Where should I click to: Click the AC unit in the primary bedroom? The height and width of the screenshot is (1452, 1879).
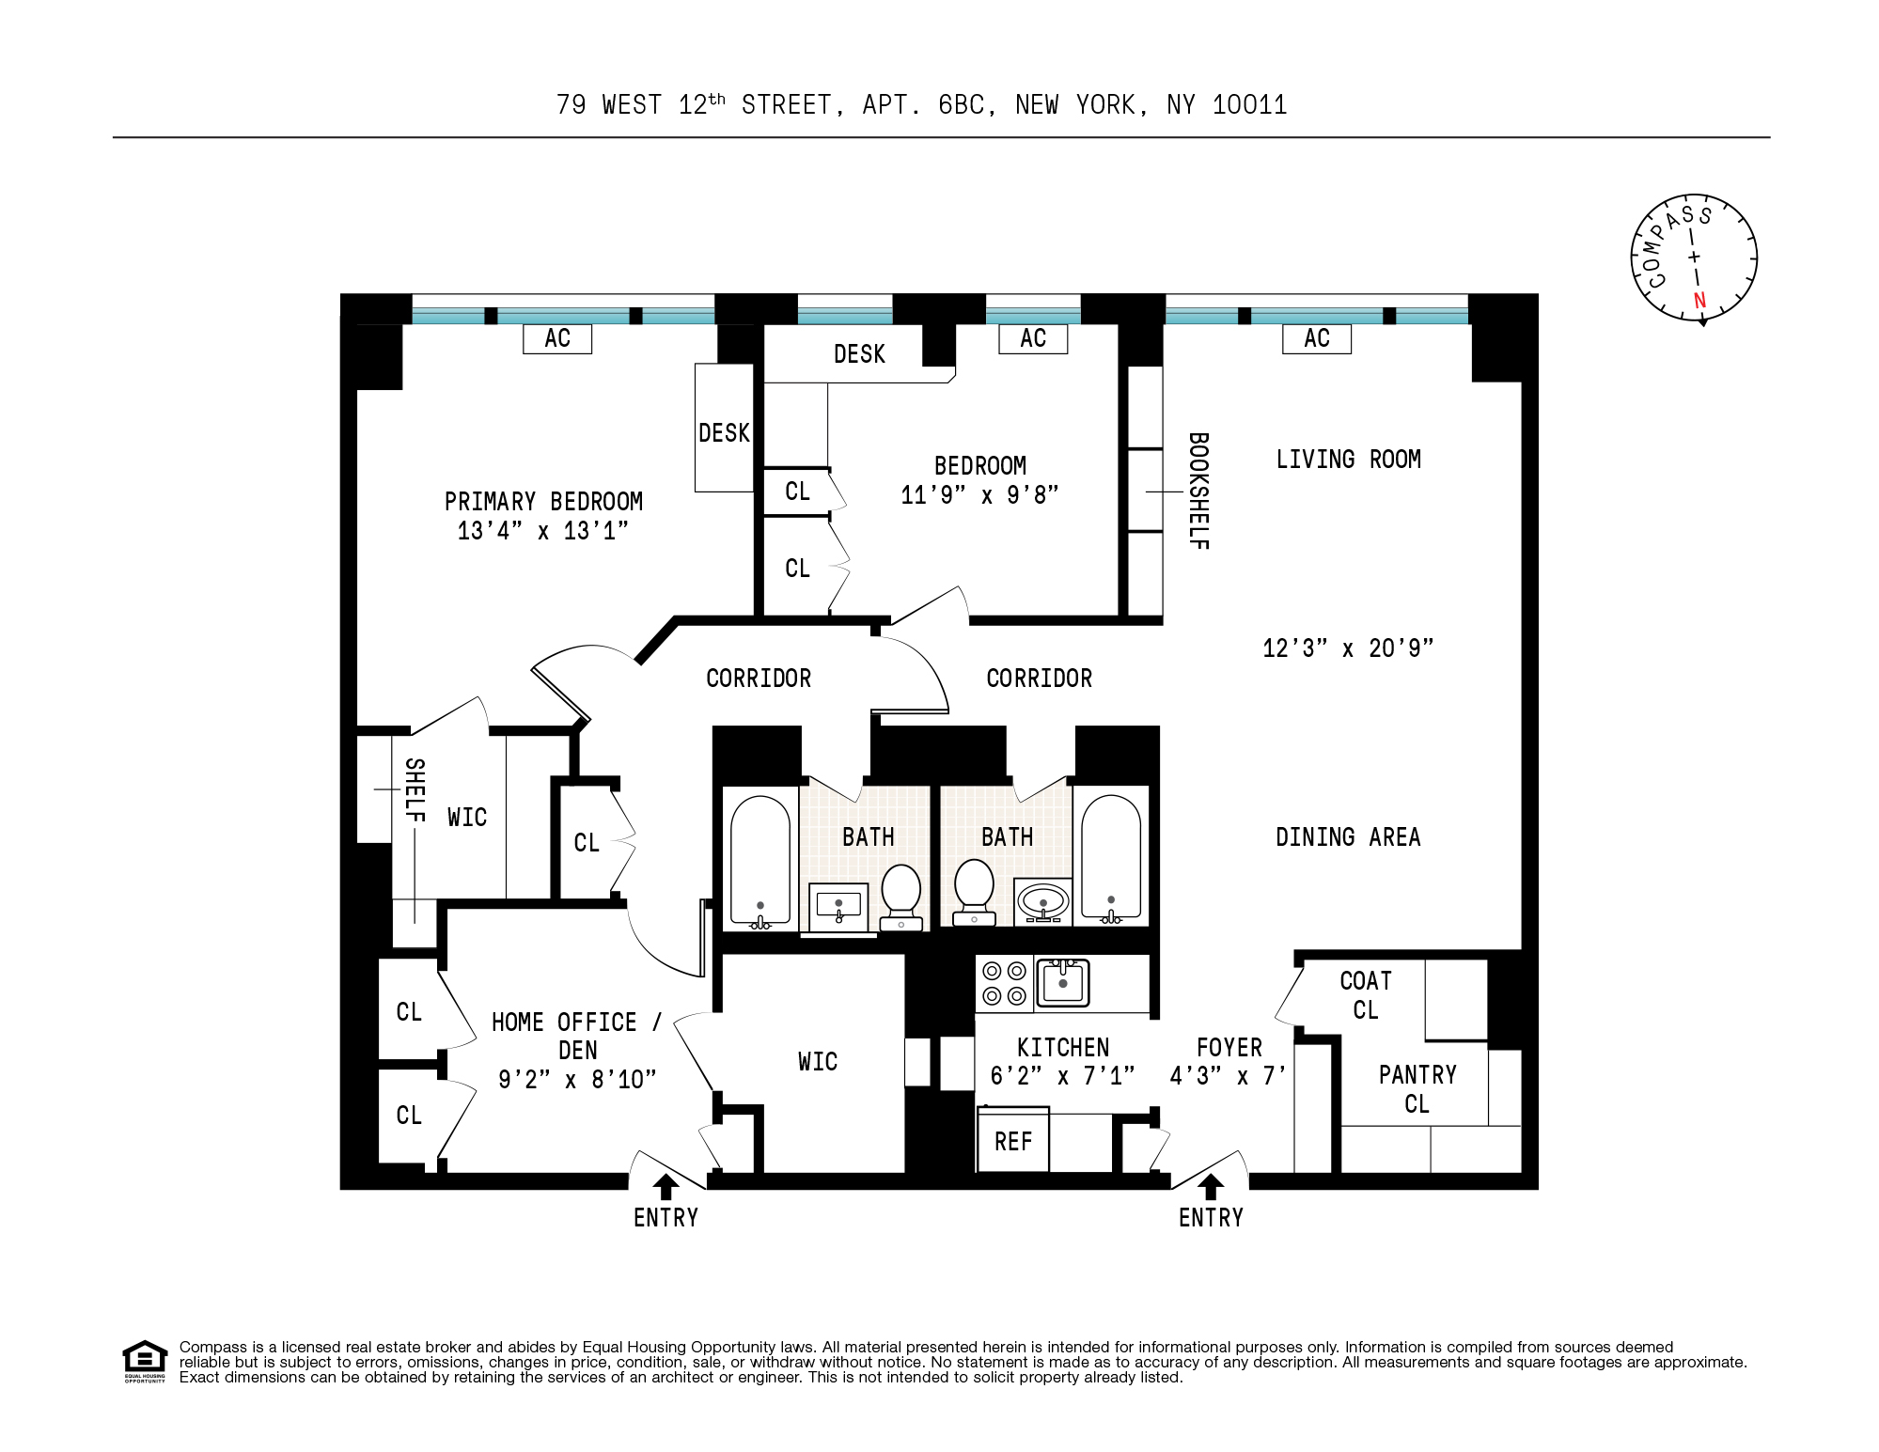point(557,338)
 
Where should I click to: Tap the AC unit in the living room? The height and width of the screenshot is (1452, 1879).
point(1317,338)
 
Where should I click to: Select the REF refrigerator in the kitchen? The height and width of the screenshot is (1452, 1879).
point(1013,1140)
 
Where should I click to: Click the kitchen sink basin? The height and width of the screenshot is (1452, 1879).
point(1063,982)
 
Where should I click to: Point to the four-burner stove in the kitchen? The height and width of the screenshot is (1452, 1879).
point(1004,983)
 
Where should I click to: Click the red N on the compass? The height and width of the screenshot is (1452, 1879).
point(1699,301)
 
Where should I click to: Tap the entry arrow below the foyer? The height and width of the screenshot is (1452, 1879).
point(1211,1187)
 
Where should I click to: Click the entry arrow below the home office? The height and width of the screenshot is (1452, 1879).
point(665,1187)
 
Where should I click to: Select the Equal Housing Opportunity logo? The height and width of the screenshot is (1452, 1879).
point(145,1362)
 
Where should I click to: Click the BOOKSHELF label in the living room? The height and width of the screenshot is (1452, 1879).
point(1198,491)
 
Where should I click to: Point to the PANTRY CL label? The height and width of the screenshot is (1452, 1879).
point(1417,1089)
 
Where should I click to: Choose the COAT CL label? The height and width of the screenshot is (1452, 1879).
point(1366,995)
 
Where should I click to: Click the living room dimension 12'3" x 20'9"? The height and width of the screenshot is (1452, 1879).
point(1348,648)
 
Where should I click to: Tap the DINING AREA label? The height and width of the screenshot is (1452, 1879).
point(1348,836)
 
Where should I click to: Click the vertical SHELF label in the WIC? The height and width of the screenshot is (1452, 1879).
point(415,790)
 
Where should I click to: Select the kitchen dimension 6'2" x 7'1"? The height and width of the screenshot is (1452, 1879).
point(1063,1075)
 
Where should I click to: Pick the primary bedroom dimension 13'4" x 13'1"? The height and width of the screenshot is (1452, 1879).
point(543,531)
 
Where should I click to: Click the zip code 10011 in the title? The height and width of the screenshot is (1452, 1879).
point(1250,104)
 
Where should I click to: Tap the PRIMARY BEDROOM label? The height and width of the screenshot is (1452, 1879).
point(543,501)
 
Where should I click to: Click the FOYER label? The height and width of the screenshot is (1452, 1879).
point(1229,1047)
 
